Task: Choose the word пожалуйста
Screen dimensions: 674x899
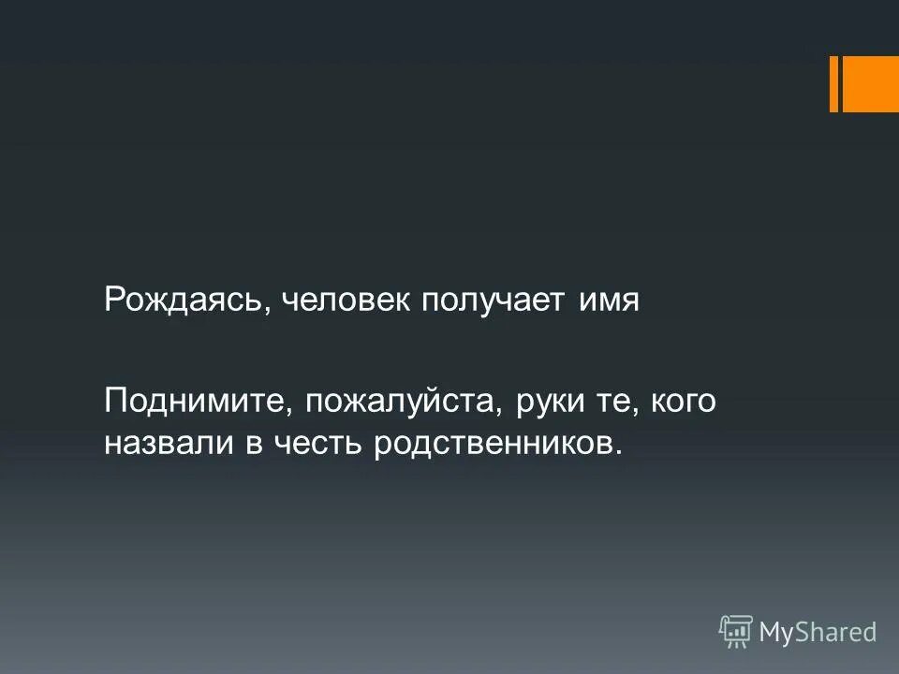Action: click(x=396, y=403)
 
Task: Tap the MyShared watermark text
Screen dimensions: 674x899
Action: click(x=818, y=632)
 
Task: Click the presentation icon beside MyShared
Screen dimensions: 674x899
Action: click(x=735, y=632)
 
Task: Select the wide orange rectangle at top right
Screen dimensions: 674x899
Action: click(x=871, y=83)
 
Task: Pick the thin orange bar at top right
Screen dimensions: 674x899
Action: click(x=833, y=83)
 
